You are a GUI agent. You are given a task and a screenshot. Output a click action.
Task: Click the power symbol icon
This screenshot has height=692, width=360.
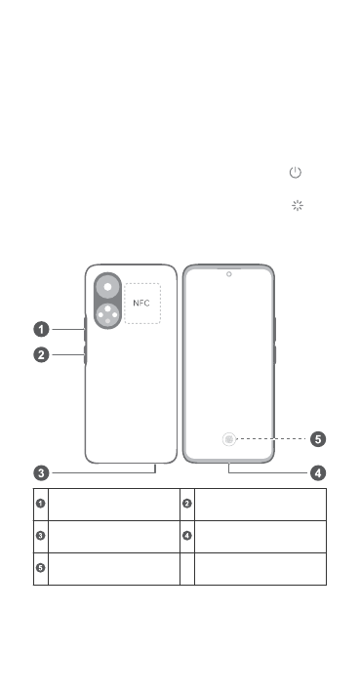[x=296, y=172]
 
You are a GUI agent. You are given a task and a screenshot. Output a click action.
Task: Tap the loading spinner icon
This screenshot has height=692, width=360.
[x=298, y=205]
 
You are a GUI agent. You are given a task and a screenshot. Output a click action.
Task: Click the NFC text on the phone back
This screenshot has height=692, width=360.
[x=141, y=304]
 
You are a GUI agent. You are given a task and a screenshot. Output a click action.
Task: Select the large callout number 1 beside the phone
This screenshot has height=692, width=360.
[x=42, y=329]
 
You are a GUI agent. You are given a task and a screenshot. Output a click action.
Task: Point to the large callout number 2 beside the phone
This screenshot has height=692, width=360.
[x=42, y=355]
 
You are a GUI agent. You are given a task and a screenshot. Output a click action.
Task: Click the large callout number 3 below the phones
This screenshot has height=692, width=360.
[x=42, y=473]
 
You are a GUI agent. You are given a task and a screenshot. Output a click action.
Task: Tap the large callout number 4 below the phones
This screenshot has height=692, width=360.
[x=318, y=473]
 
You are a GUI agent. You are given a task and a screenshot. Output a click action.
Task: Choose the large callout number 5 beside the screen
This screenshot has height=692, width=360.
[x=318, y=439]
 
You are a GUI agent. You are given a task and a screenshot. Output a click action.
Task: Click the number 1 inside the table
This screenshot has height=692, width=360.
[x=41, y=503]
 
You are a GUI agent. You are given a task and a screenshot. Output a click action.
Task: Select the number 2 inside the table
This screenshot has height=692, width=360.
[x=187, y=503]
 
